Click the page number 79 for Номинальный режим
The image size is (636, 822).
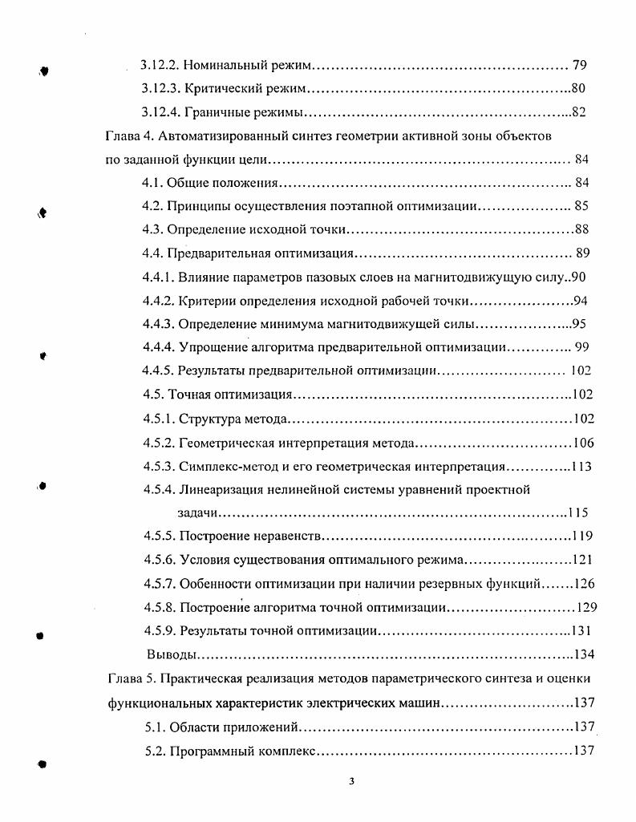point(582,63)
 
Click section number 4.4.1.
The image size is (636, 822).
point(159,277)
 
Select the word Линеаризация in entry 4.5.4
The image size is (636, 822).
point(222,489)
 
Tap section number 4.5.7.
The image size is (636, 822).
point(160,584)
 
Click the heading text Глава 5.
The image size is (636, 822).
point(129,679)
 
